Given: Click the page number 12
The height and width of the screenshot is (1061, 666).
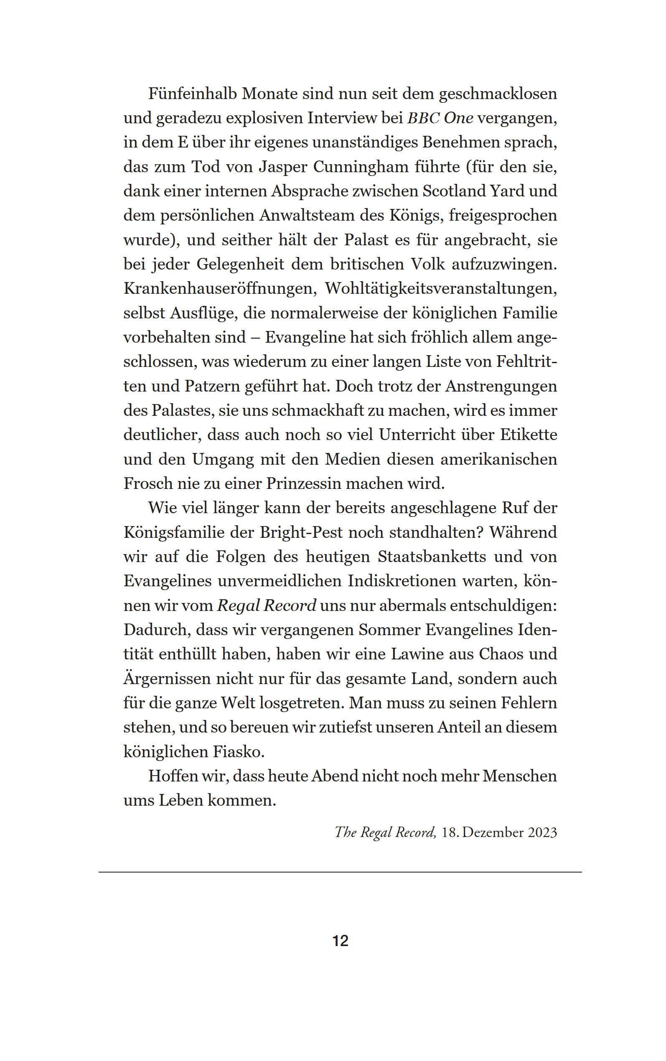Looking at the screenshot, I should [x=341, y=940].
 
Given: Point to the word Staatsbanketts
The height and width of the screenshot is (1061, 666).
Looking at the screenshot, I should [x=432, y=557].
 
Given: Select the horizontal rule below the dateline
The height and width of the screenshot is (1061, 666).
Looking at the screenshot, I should [x=340, y=872].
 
